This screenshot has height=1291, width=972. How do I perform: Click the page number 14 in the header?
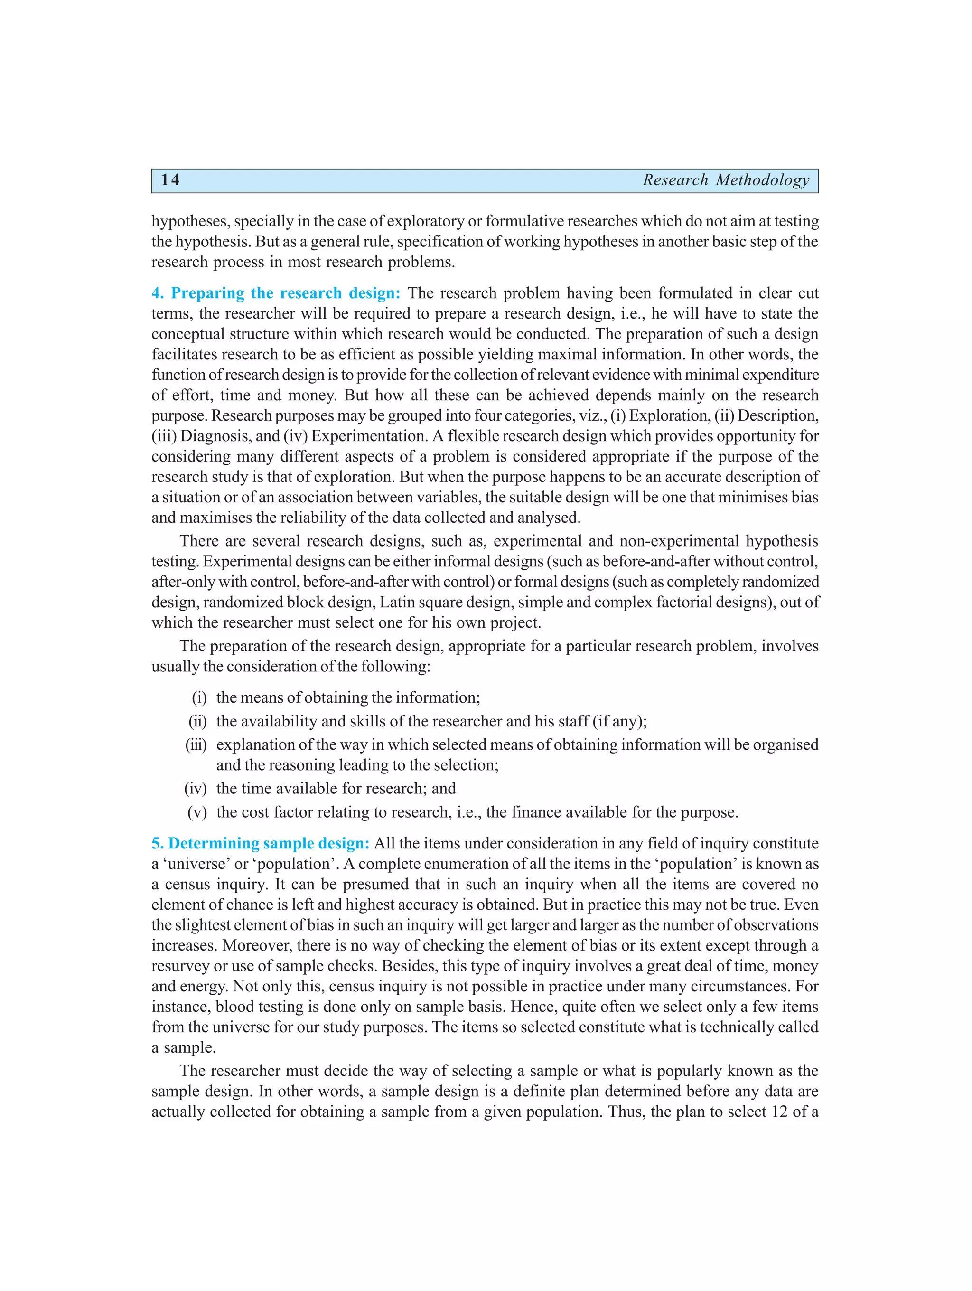click(x=170, y=180)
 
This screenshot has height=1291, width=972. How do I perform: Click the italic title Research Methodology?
click(x=726, y=180)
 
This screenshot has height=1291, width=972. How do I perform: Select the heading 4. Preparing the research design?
click(x=276, y=293)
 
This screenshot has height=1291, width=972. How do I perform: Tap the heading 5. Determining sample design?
click(x=260, y=843)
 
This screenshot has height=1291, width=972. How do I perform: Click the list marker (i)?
click(x=199, y=698)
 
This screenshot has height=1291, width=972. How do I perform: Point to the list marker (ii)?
click(x=198, y=721)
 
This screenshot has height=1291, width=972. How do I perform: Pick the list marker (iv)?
click(x=196, y=789)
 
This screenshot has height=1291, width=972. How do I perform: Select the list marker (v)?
click(x=197, y=812)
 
